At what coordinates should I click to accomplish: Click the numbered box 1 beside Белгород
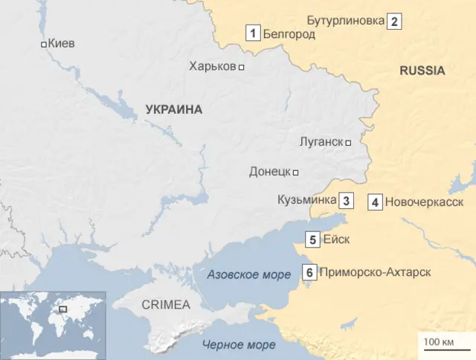point(254,33)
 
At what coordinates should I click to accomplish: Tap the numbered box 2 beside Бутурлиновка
point(395,22)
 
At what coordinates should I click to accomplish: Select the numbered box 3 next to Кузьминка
point(347,200)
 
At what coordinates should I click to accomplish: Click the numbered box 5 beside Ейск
point(313,239)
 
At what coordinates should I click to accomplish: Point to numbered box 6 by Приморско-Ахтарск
point(309,272)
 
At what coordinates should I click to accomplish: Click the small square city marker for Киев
point(44,45)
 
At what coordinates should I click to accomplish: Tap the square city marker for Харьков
point(241,67)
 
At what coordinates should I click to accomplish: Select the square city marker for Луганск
point(347,142)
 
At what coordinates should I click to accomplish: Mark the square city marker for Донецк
point(296,173)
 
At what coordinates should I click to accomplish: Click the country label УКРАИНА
point(174,109)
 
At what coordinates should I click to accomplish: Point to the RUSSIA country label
point(422,71)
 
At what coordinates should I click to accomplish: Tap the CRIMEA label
point(166,304)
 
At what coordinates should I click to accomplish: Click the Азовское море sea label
point(248,274)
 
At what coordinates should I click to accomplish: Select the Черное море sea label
point(239,344)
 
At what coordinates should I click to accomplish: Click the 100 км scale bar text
point(439,341)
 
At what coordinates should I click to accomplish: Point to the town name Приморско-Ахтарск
point(375,272)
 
